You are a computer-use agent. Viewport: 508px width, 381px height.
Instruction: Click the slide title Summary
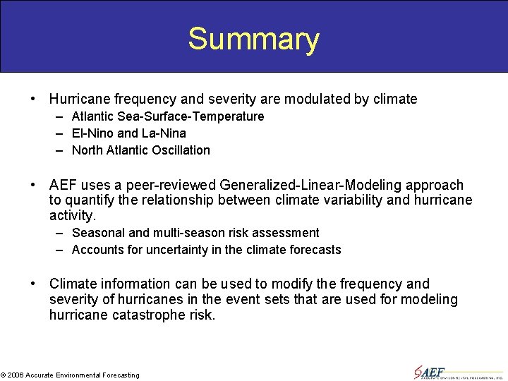pyautogui.click(x=253, y=39)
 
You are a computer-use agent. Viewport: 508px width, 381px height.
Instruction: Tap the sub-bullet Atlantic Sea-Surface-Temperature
pyautogui.click(x=168, y=116)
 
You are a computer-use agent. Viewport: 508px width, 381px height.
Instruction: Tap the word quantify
pyautogui.click(x=92, y=200)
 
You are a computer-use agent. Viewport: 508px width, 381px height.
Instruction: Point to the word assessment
pyautogui.click(x=289, y=233)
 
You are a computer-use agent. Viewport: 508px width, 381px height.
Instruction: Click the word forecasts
pyautogui.click(x=315, y=250)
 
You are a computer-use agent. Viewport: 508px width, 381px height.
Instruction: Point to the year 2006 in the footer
pyautogui.click(x=16, y=375)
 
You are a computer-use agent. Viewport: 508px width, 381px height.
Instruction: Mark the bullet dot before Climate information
pyautogui.click(x=33, y=284)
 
